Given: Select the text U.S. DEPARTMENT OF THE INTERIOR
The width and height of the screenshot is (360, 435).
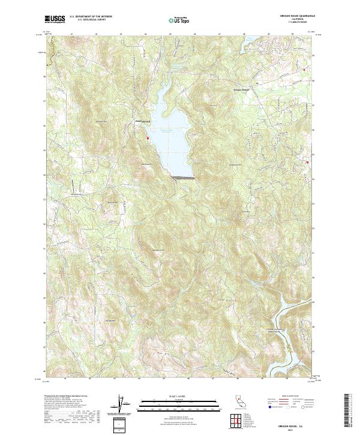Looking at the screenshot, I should pyautogui.click(x=91, y=17).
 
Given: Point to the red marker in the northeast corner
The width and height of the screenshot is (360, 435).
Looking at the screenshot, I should pyautogui.click(x=304, y=70).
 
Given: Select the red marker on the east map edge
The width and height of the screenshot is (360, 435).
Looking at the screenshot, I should pyautogui.click(x=308, y=161).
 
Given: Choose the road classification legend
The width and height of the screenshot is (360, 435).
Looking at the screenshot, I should pyautogui.click(x=298, y=403).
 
